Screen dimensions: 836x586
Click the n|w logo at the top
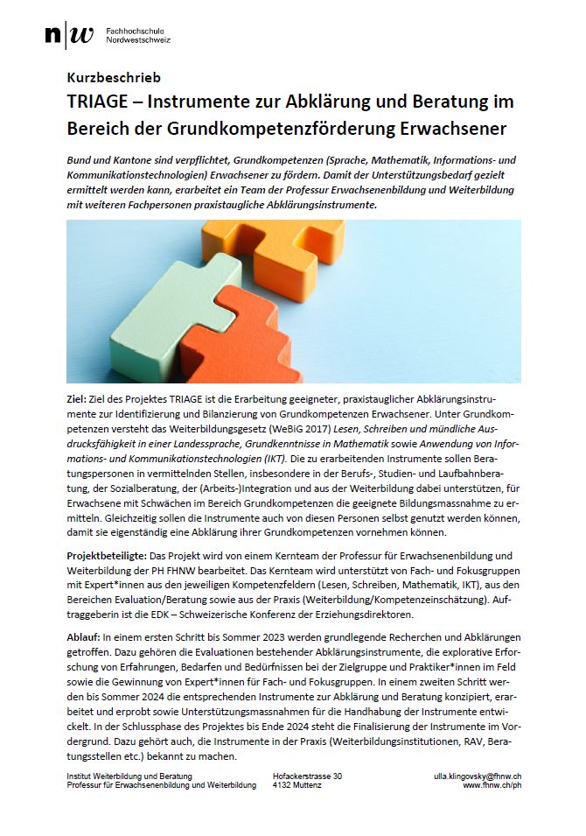point(69,35)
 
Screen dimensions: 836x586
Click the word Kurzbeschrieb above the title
point(114,78)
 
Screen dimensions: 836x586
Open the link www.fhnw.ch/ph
point(492,786)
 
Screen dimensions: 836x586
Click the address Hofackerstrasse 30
point(308,776)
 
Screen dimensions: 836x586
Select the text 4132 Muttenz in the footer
point(297,786)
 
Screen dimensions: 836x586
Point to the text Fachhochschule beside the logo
point(132,31)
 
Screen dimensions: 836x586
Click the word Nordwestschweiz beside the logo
point(137,40)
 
